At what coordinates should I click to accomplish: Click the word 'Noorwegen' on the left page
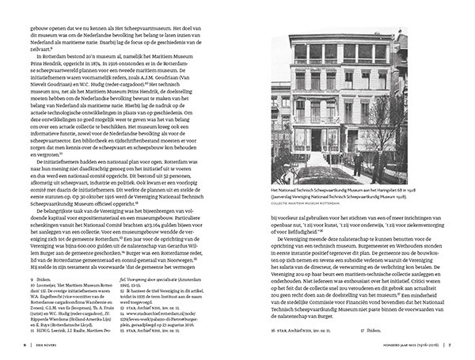(201, 262)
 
